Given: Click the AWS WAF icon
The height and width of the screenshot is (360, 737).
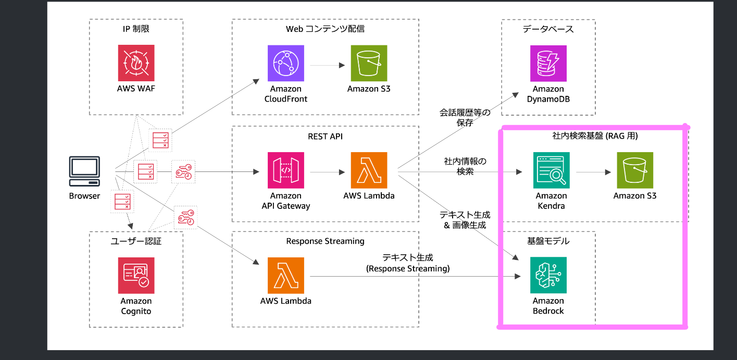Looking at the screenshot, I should pyautogui.click(x=135, y=63).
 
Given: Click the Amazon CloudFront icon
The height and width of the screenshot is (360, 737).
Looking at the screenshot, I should pyautogui.click(x=285, y=63).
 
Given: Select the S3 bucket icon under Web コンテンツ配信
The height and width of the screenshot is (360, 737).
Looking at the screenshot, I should pyautogui.click(x=369, y=63).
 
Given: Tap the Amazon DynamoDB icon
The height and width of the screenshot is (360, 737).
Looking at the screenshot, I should pyautogui.click(x=548, y=63).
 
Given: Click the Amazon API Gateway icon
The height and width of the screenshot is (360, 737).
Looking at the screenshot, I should pyautogui.click(x=285, y=170).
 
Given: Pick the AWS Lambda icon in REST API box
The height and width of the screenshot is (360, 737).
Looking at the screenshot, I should pyautogui.click(x=369, y=170).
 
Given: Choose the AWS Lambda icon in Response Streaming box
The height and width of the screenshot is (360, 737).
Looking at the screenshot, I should pyautogui.click(x=285, y=276).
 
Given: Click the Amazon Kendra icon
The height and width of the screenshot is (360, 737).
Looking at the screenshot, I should pyautogui.click(x=551, y=170).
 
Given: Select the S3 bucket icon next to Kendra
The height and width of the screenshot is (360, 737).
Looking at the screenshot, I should pyautogui.click(x=634, y=170).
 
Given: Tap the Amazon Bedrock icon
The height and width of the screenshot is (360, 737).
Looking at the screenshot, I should pyautogui.click(x=548, y=276).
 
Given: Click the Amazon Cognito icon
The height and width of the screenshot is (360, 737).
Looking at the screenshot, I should pyautogui.click(x=135, y=276).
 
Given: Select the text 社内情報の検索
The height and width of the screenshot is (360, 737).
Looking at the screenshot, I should pyautogui.click(x=465, y=166).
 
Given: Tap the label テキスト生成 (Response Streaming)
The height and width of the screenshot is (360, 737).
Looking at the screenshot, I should pyautogui.click(x=407, y=263).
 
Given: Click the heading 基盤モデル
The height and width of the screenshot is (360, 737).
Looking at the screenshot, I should pyautogui.click(x=548, y=241).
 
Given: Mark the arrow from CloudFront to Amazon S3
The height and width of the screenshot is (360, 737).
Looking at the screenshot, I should pyautogui.click(x=328, y=65).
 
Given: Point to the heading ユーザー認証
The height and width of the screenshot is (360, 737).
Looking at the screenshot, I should pyautogui.click(x=135, y=241).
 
